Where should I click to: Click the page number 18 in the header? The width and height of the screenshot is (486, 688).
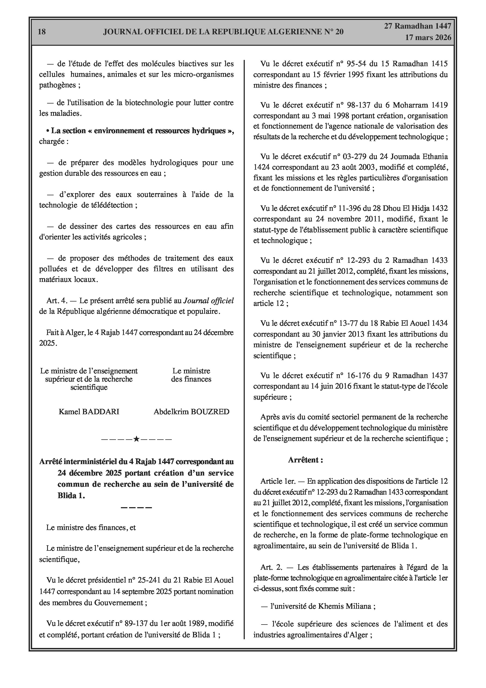click(42, 32)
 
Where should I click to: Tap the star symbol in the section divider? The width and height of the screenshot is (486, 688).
click(136, 439)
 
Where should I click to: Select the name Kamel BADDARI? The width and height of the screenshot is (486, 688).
click(89, 412)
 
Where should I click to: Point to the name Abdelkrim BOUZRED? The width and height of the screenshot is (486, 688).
click(191, 412)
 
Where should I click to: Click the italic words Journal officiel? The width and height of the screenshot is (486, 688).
click(208, 300)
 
